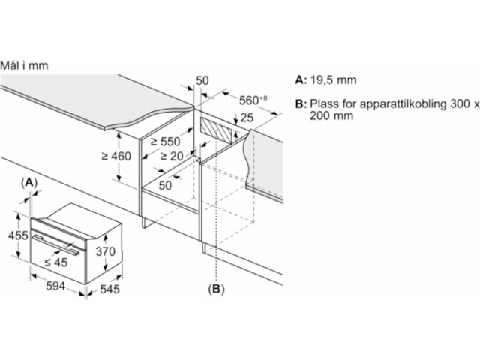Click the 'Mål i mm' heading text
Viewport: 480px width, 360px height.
[x=24, y=65]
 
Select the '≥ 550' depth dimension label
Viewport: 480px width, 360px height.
[x=166, y=140]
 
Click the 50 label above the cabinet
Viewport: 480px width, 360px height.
[x=202, y=80]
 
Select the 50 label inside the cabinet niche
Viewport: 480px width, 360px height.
[x=165, y=184]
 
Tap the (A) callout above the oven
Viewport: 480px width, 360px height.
[x=29, y=182]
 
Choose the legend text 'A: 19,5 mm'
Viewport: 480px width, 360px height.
[x=326, y=79]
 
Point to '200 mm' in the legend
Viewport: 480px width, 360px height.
[x=330, y=117]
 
